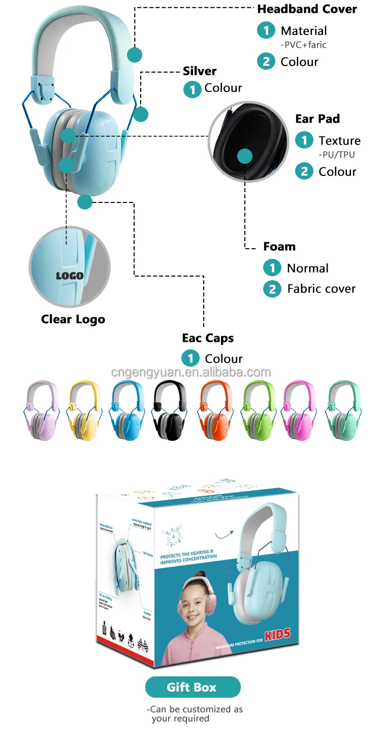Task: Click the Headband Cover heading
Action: coord(307,9)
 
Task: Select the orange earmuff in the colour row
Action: coord(215,411)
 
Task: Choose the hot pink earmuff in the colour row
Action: coord(299,411)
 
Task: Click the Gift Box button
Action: coord(193,687)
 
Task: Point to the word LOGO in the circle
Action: coord(70,276)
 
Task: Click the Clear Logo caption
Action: coord(73,319)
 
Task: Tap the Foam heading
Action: coord(279,247)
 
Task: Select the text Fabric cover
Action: coord(322,289)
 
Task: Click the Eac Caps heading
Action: coord(208,338)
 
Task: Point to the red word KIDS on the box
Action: coord(278,634)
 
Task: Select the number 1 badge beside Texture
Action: coord(304,140)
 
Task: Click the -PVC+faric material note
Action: coord(303,45)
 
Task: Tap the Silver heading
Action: coord(200,71)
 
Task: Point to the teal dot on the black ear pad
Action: coord(245,156)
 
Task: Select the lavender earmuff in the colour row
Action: coord(42,411)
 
